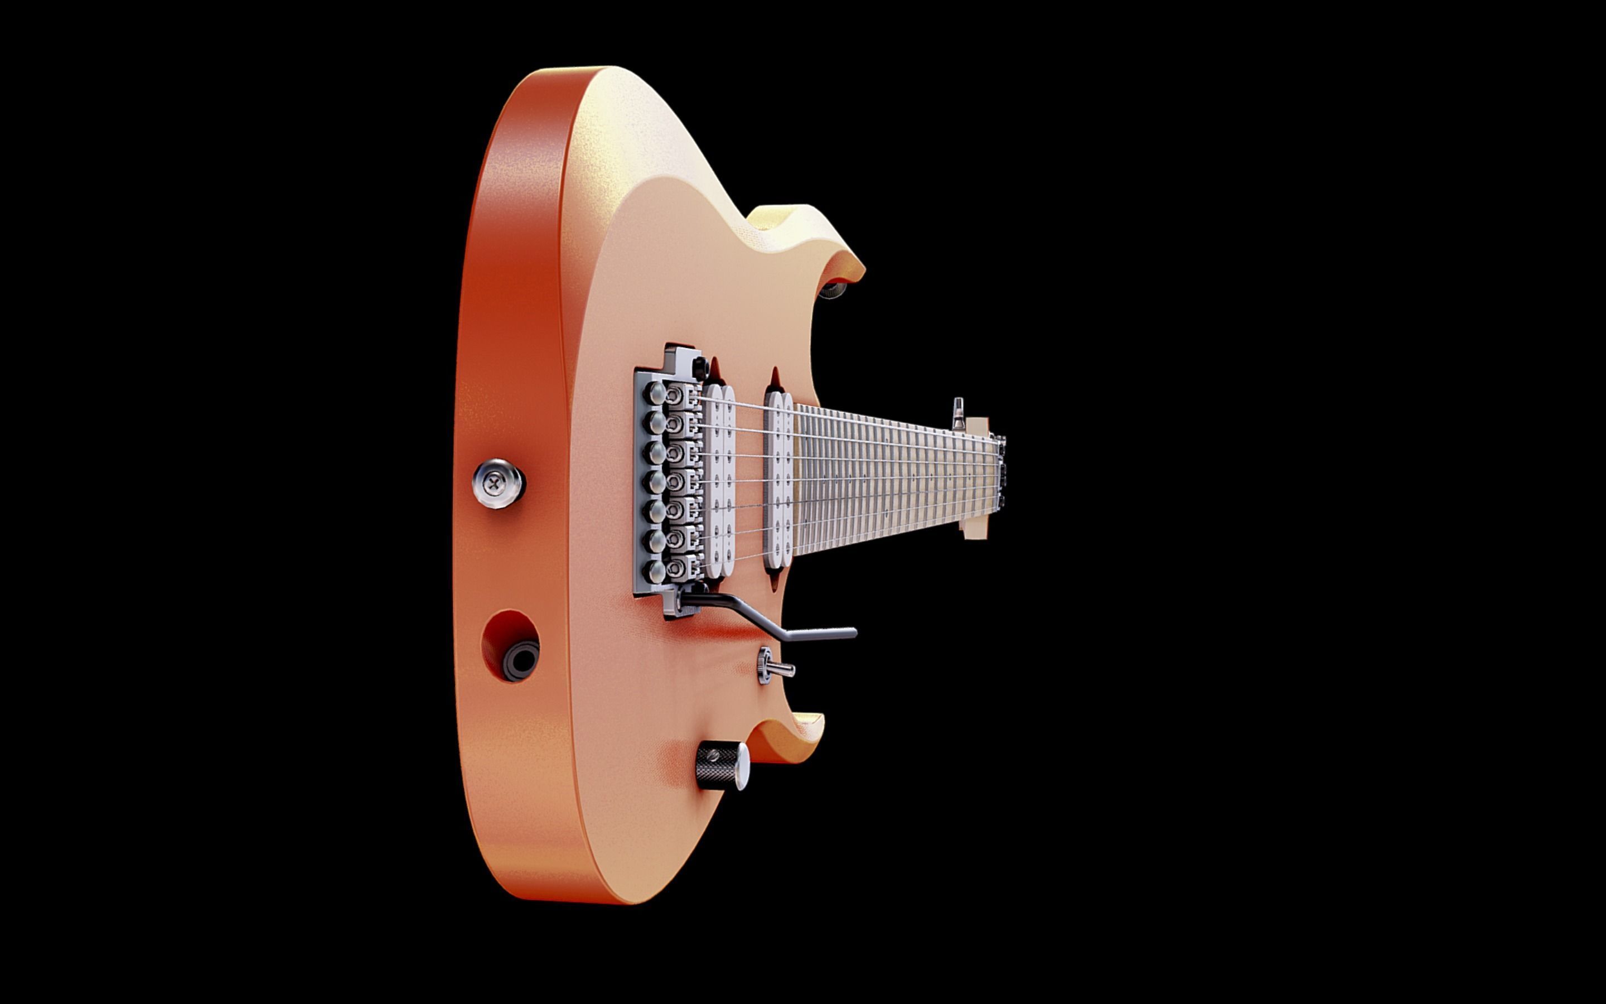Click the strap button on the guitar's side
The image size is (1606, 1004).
499,484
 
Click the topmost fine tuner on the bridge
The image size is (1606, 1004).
654,393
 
